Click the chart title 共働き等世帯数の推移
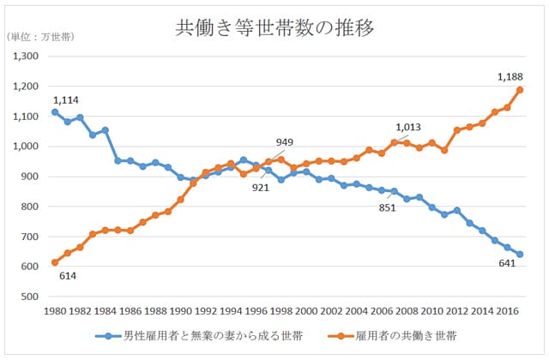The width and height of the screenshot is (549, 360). point(274,28)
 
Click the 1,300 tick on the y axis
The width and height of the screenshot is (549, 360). point(27,57)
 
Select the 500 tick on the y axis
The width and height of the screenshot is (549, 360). point(32,297)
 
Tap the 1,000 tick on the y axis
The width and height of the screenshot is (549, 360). point(27,147)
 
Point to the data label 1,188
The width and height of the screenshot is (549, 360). point(510,76)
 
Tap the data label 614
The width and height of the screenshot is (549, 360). point(69,276)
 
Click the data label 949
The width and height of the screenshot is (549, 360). point(284,142)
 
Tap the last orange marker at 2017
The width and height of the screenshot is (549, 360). point(520,90)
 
